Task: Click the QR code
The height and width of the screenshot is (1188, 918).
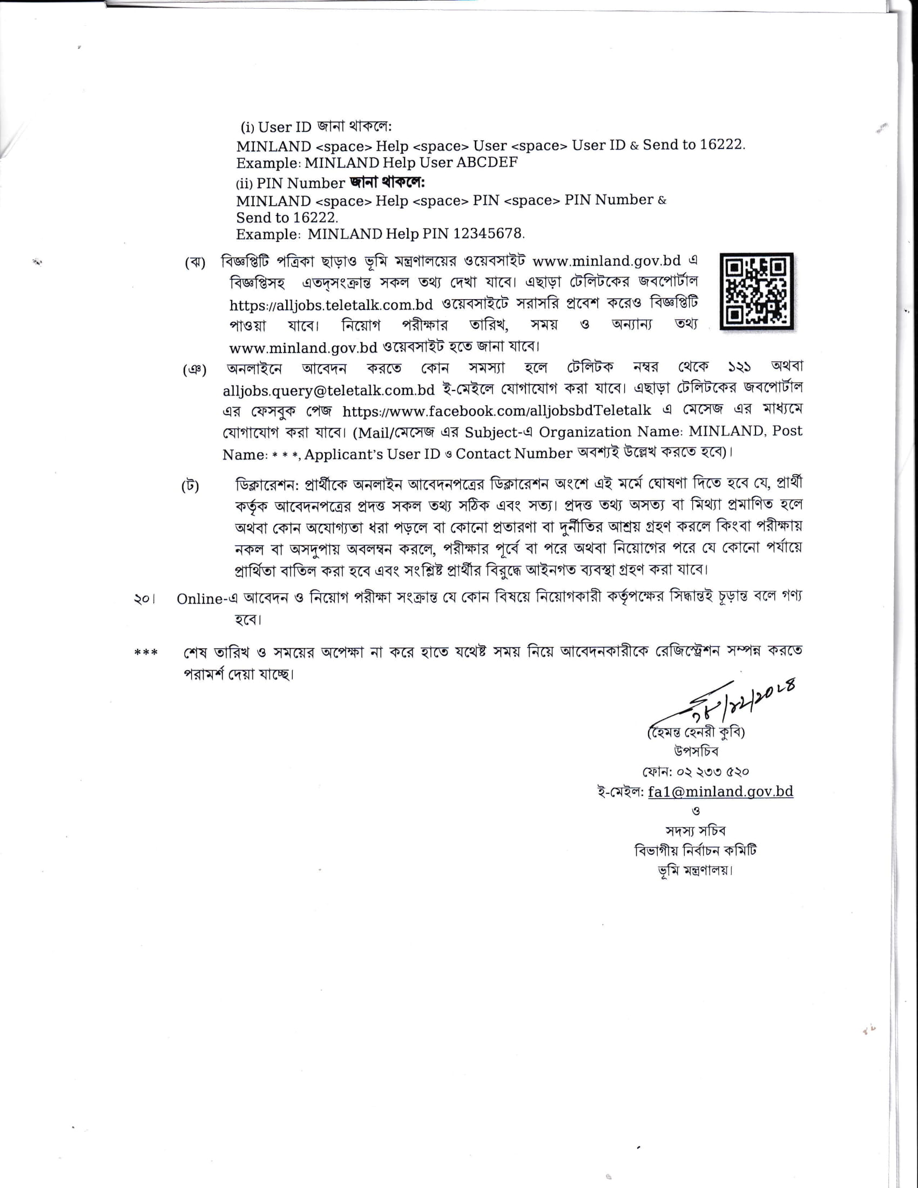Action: click(x=757, y=291)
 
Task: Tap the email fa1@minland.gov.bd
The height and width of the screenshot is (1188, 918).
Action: click(x=720, y=792)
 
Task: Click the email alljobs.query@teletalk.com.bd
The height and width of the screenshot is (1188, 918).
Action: click(x=328, y=390)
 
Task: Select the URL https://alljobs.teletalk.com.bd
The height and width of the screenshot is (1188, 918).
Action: click(x=331, y=305)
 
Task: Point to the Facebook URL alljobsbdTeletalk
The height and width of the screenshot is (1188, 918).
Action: click(x=496, y=411)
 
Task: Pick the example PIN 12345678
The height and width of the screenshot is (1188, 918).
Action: click(x=488, y=234)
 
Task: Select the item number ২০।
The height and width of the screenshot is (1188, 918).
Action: click(x=144, y=599)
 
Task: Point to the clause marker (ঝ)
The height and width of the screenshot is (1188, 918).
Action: click(x=195, y=263)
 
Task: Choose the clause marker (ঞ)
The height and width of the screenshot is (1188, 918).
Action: click(x=194, y=370)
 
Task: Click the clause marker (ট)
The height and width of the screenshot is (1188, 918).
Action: click(x=190, y=486)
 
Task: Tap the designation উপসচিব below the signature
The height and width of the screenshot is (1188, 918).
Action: click(x=696, y=751)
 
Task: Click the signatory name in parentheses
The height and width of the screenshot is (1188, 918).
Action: click(x=696, y=732)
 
